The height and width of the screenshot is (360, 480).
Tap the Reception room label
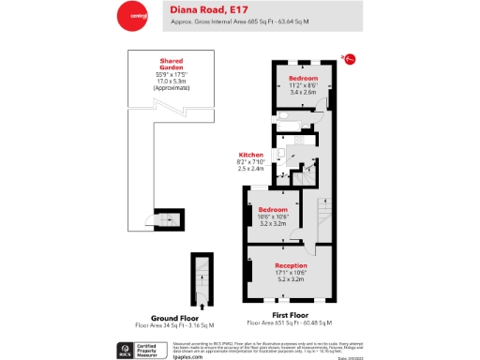(292, 265)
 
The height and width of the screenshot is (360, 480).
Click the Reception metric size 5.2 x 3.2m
(292, 279)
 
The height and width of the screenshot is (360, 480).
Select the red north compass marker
(349, 59)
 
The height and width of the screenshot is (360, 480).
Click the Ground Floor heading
(170, 317)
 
